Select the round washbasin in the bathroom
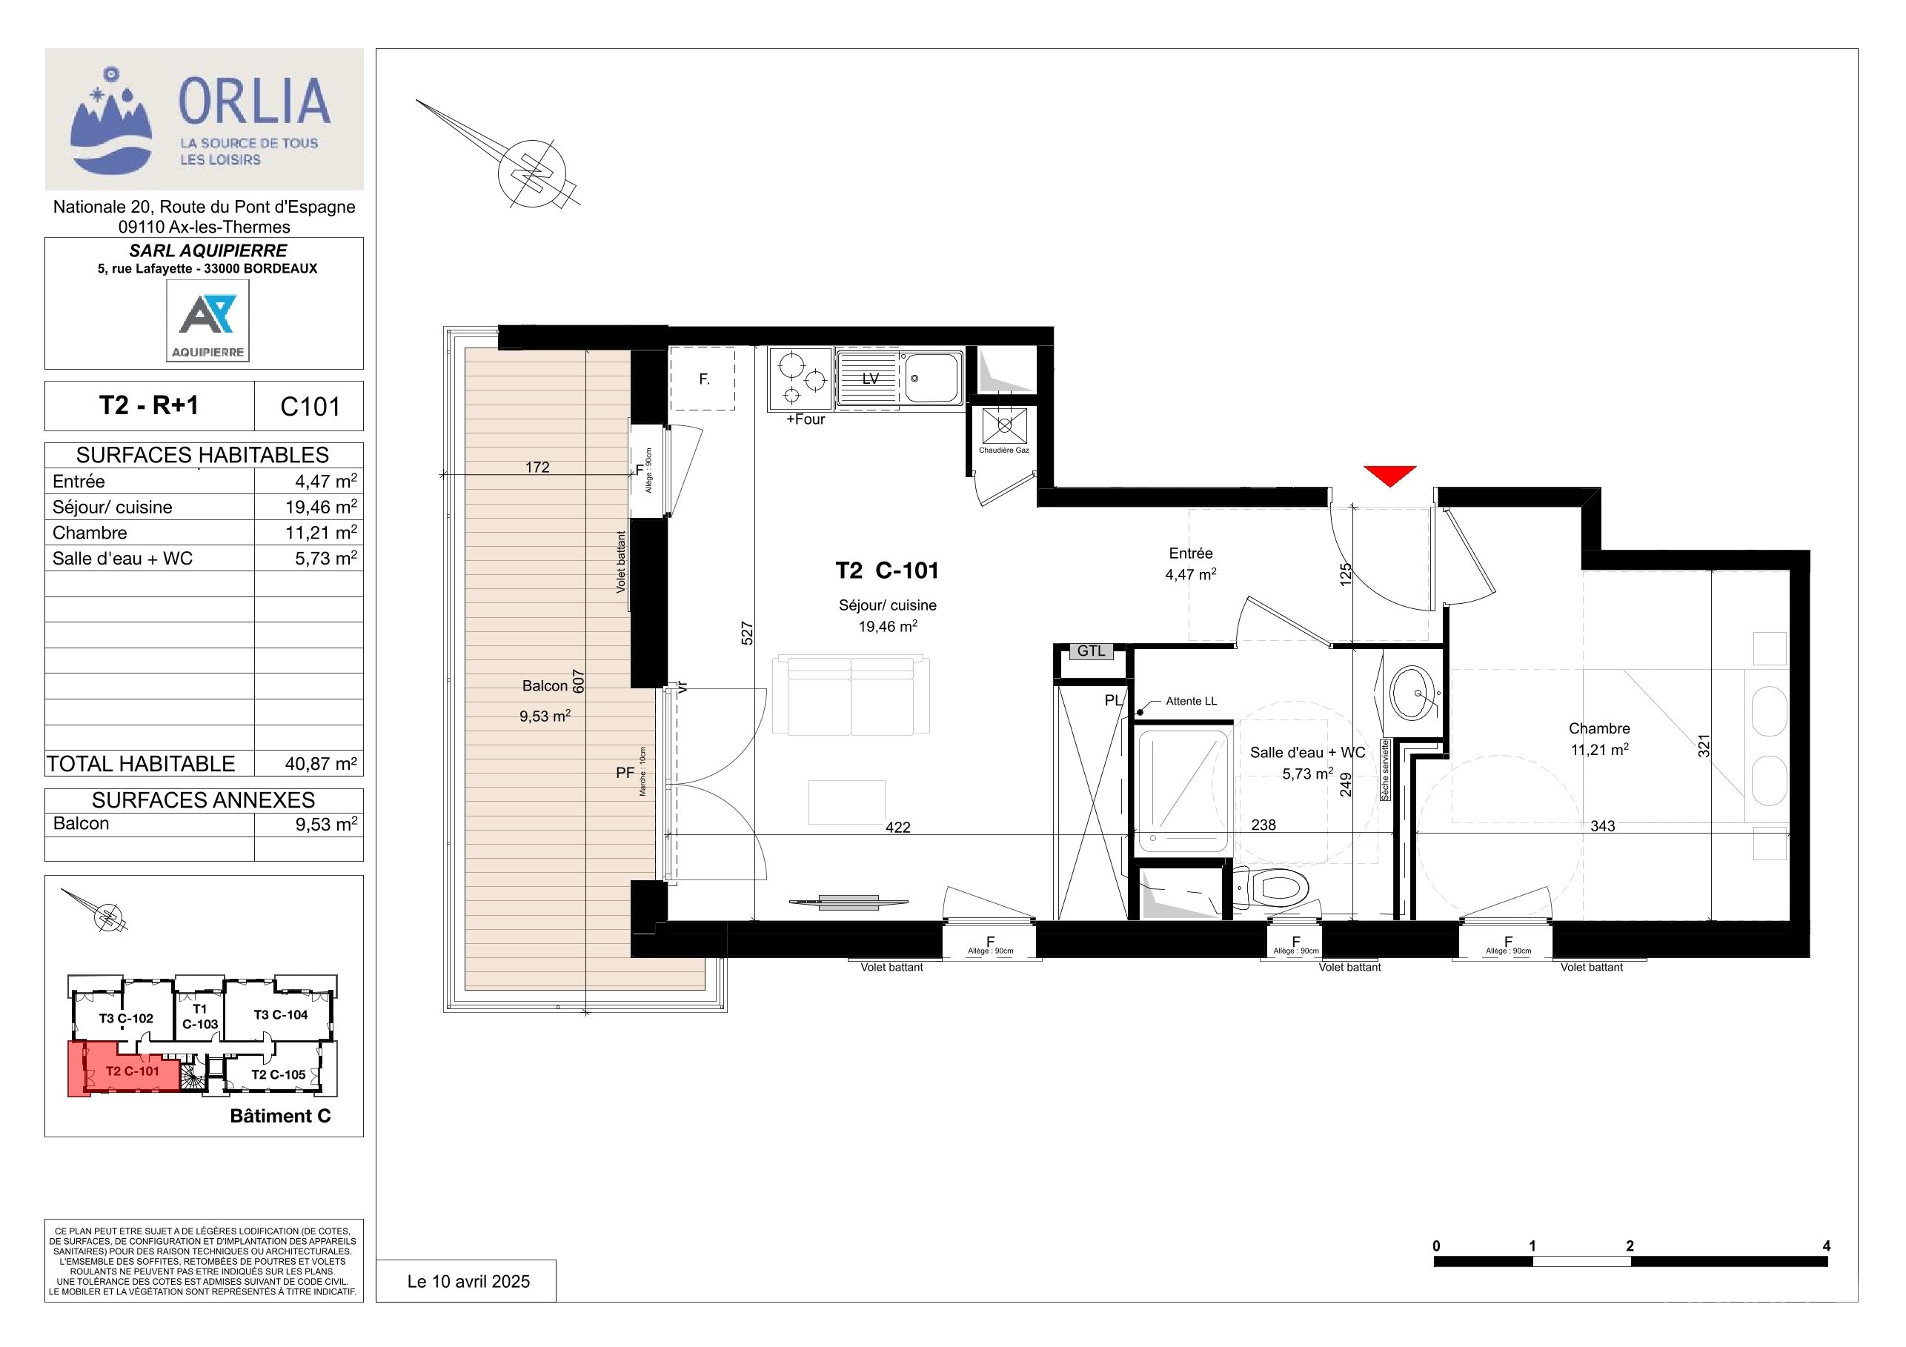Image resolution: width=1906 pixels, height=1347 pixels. coord(1413,691)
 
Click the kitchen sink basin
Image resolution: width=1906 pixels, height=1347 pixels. coord(933,379)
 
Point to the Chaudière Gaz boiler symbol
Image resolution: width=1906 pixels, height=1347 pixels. coord(1004,426)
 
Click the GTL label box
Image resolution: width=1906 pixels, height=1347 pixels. coord(1091,651)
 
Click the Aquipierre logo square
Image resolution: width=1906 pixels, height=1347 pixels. coord(207,320)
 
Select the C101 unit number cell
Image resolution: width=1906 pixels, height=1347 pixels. coord(310,407)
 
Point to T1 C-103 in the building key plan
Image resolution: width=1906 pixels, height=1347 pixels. coord(200,1017)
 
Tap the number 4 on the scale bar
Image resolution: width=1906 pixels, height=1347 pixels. coord(1826,1245)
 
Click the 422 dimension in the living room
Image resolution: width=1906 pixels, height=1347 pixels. coord(897,828)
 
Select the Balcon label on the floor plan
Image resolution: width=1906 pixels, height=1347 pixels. coord(545,685)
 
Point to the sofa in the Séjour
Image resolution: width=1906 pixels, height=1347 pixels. coord(851,696)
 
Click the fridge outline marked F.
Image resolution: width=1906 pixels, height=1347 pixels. coord(703,379)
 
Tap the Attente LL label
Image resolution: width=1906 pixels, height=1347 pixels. coord(1192,702)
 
